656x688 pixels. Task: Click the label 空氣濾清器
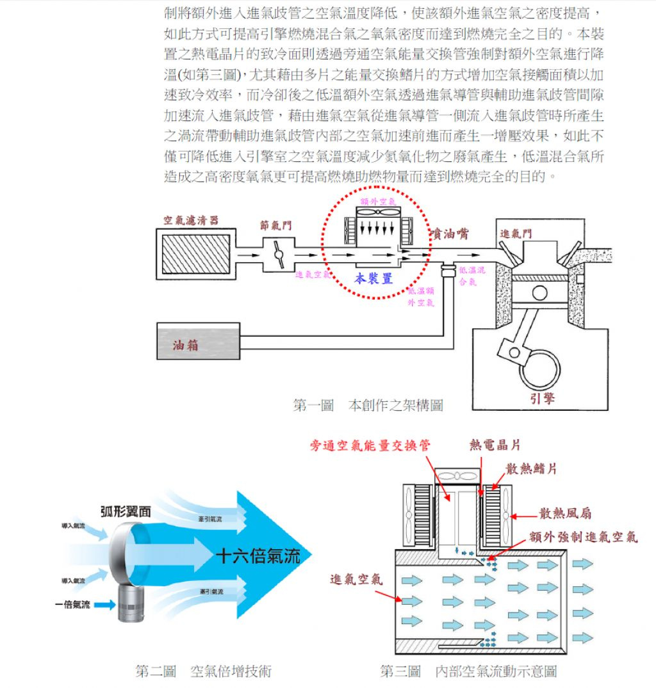coord(190,220)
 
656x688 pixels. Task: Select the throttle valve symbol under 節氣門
coord(279,254)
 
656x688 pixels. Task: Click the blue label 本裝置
coord(373,278)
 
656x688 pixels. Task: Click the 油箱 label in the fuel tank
coord(186,346)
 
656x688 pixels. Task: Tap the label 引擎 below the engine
coord(543,399)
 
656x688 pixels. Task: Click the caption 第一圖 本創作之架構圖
coord(368,405)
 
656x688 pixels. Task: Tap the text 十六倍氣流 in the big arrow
coord(258,556)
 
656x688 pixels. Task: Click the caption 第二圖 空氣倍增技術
coord(204,671)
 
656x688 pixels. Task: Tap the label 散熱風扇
coord(565,513)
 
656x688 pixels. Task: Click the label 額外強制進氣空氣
coord(583,536)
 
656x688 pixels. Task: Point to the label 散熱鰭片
coord(531,468)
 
